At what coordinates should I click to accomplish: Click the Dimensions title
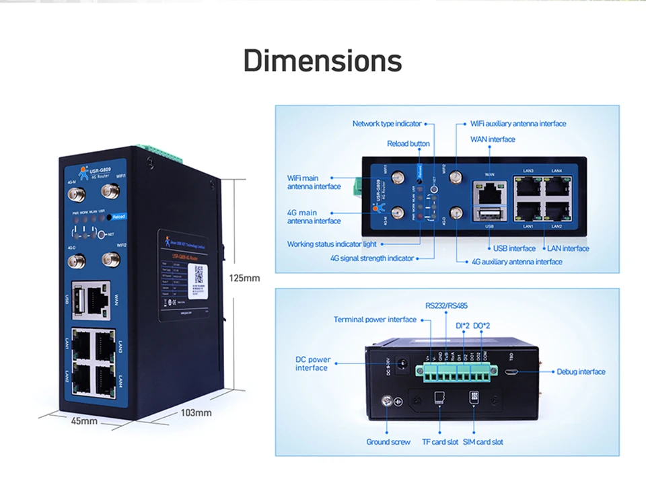pyautogui.click(x=322, y=61)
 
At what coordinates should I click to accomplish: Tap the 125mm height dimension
pyautogui.click(x=244, y=277)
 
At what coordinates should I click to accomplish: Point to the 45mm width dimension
pyautogui.click(x=85, y=421)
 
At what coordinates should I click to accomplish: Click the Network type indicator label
pyautogui.click(x=387, y=124)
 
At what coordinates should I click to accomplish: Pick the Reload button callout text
pyautogui.click(x=408, y=143)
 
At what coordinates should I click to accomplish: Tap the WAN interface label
pyautogui.click(x=493, y=139)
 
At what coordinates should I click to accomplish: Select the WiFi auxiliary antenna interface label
pyautogui.click(x=518, y=124)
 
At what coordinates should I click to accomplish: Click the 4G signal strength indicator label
pyautogui.click(x=372, y=258)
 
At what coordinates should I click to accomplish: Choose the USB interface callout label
pyautogui.click(x=514, y=248)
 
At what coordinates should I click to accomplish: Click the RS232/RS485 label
pyautogui.click(x=446, y=306)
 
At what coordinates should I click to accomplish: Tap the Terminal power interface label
pyautogui.click(x=375, y=320)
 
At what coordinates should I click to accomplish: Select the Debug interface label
pyautogui.click(x=581, y=371)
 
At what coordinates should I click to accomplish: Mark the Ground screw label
pyautogui.click(x=388, y=442)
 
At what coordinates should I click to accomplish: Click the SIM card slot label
pyautogui.click(x=482, y=442)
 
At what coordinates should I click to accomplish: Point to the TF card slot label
pyautogui.click(x=439, y=442)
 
